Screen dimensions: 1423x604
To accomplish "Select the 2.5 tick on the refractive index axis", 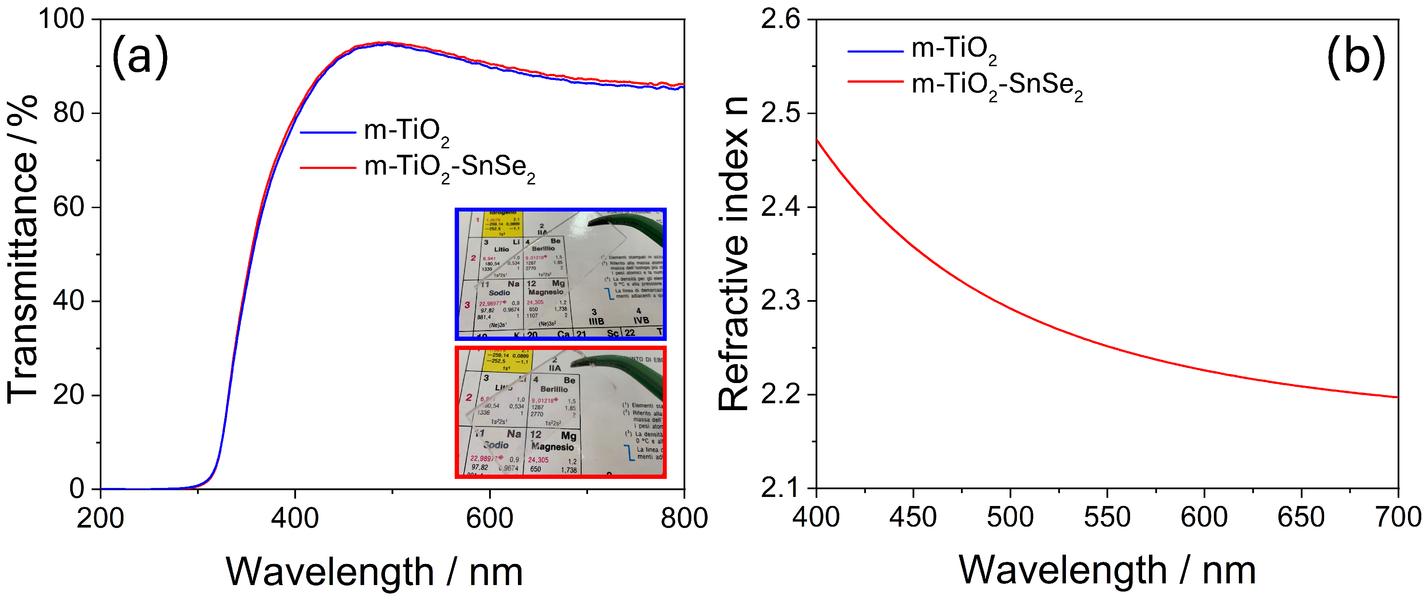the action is tap(780, 113).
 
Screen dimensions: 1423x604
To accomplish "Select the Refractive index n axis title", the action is tap(733, 254).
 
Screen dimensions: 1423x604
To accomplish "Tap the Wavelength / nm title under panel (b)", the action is tap(1107, 570).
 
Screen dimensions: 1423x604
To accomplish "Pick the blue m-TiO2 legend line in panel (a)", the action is tap(328, 132).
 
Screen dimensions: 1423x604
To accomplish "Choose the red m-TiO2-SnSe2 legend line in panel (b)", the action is tap(875, 82).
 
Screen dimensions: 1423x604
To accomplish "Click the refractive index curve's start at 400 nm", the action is tap(817, 140).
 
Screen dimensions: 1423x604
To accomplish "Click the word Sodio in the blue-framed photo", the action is tap(499, 293).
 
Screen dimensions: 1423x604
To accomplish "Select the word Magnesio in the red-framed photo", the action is tap(552, 446).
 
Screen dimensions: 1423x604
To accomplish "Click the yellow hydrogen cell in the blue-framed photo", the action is tap(502, 224).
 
